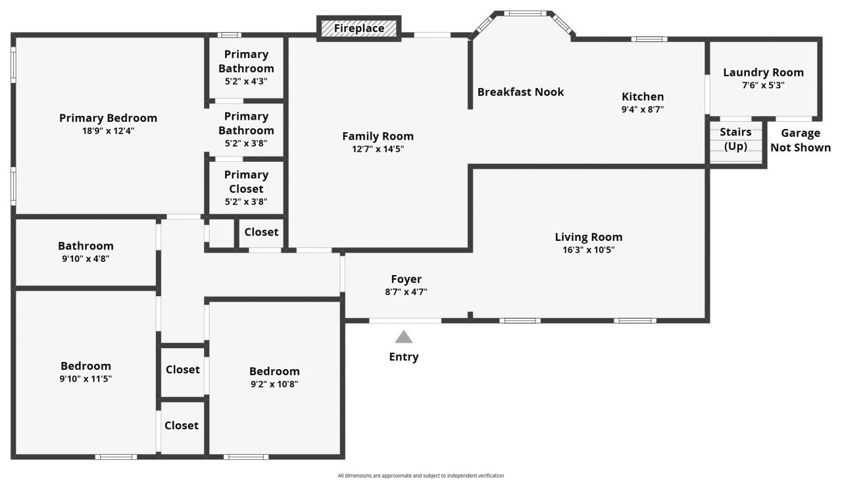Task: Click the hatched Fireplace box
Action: [x=359, y=28]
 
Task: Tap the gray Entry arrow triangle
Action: [x=403, y=338]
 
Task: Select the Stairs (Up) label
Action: [x=735, y=139]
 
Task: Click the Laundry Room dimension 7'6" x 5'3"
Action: [x=763, y=85]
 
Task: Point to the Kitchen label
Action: [x=643, y=97]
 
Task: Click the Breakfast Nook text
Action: [x=520, y=92]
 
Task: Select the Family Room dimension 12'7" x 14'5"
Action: [x=378, y=149]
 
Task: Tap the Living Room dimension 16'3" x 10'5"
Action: [x=588, y=250]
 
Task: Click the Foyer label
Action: [x=406, y=279]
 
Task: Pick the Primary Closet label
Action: [x=246, y=182]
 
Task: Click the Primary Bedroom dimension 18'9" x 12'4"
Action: [x=108, y=131]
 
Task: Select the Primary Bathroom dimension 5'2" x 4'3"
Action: [x=246, y=81]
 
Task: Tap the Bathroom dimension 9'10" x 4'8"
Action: [x=86, y=259]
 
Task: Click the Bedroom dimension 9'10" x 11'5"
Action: [x=86, y=379]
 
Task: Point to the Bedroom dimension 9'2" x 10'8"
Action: [x=274, y=384]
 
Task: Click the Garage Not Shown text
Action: [x=800, y=140]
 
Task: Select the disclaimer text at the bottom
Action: [x=420, y=475]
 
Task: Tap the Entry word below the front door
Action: [x=403, y=357]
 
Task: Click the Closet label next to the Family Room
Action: [x=261, y=232]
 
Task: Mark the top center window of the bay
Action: [x=525, y=13]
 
